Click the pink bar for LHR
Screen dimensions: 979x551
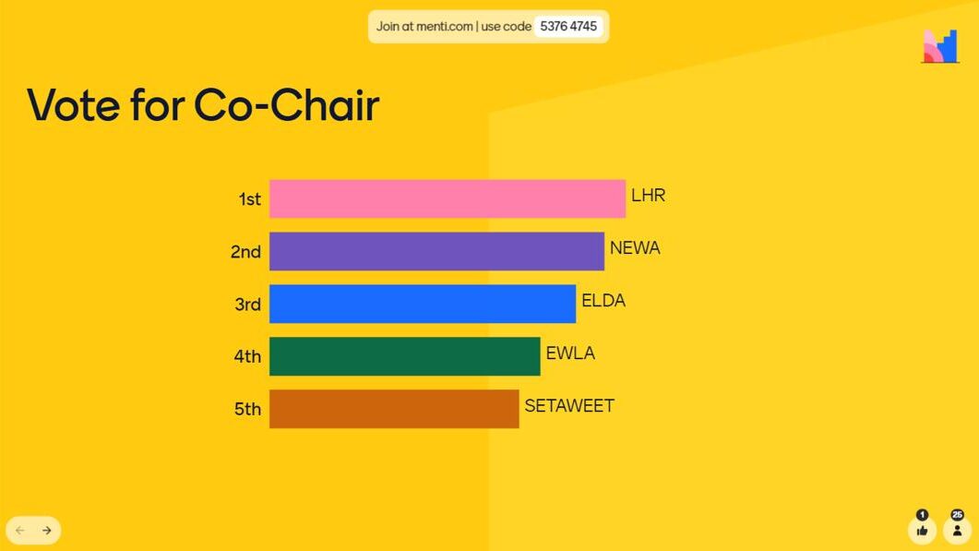(447, 198)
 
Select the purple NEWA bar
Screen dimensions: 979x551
(436, 251)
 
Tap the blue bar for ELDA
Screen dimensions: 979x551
(422, 304)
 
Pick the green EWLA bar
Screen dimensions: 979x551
(404, 356)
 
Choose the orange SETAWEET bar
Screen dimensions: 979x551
(394, 409)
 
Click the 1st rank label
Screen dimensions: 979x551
(250, 199)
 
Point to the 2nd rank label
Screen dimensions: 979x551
(246, 252)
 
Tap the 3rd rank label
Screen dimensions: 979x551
(248, 305)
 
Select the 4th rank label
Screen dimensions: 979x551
(247, 356)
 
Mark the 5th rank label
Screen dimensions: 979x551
(247, 409)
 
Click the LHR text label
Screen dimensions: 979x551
(648, 196)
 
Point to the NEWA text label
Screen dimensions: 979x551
(635, 248)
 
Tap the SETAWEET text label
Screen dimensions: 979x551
(569, 406)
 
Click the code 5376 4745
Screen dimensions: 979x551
(568, 26)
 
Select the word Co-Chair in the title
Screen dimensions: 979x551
(287, 104)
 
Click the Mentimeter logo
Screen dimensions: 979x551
(940, 45)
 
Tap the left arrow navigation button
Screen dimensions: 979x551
(20, 531)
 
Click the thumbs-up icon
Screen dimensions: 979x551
(922, 531)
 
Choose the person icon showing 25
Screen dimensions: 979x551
(957, 531)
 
